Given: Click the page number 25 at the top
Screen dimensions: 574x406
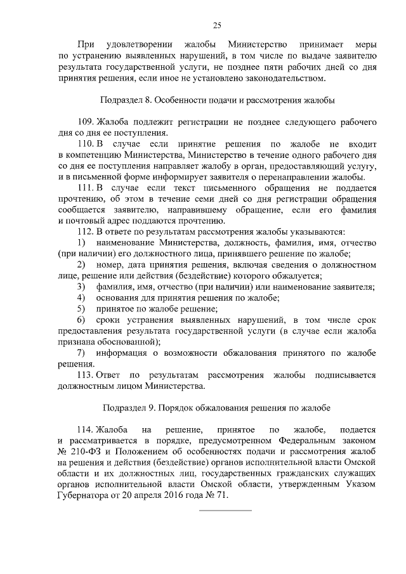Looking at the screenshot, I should coord(216,25).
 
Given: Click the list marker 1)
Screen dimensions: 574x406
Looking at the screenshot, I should coord(81,243).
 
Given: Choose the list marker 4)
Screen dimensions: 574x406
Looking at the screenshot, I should coord(81,297).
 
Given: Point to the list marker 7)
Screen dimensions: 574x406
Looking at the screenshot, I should coord(81,352).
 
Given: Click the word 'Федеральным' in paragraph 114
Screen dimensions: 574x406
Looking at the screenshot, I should coord(299,440).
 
